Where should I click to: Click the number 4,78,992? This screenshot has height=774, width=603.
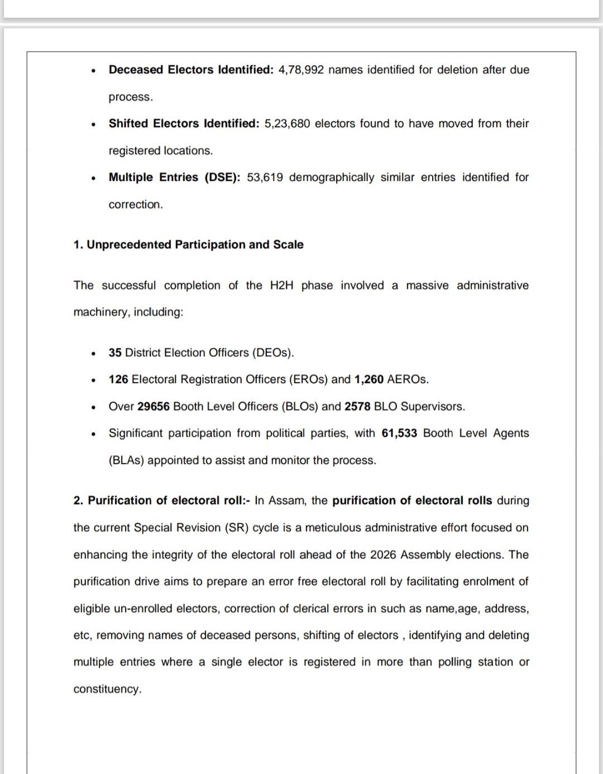click(x=301, y=70)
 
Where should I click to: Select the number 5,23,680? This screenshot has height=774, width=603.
click(x=287, y=123)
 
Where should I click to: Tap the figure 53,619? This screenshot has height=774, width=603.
click(x=265, y=178)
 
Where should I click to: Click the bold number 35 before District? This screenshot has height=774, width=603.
click(x=115, y=353)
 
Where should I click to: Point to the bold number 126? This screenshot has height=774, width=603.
click(x=118, y=380)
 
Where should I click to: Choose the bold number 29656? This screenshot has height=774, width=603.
click(x=154, y=407)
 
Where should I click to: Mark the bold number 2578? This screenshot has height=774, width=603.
click(x=357, y=407)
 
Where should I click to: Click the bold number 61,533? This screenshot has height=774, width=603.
click(x=399, y=433)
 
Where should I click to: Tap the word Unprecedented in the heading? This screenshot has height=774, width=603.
click(x=129, y=245)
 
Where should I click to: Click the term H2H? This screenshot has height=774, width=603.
click(x=281, y=285)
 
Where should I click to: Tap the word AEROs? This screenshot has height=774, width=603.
click(x=408, y=380)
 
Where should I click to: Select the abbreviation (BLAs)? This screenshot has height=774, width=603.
click(x=126, y=461)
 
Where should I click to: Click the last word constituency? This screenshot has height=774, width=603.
click(x=107, y=689)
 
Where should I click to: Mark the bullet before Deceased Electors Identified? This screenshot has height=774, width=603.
click(x=94, y=71)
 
